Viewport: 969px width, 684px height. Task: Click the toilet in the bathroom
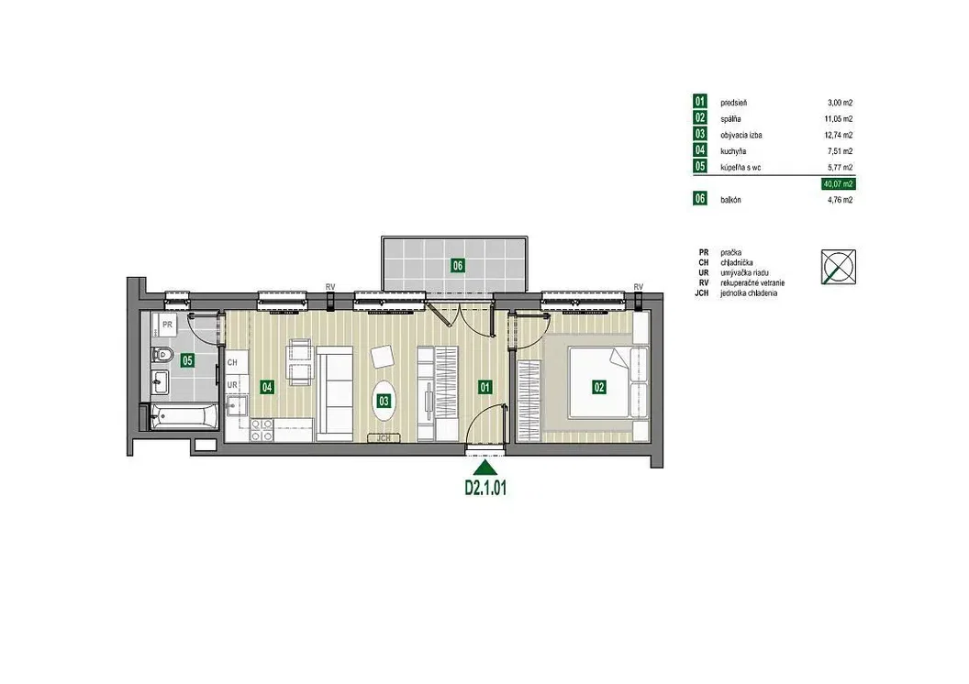[161, 355]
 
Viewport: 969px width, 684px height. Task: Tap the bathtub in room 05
[183, 416]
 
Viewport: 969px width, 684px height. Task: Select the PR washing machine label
[167, 324]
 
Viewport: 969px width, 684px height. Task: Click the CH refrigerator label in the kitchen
[232, 362]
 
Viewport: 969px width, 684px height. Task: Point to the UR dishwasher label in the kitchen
[232, 385]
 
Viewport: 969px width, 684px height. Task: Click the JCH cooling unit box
[384, 438]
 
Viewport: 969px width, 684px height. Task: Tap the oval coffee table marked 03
[384, 402]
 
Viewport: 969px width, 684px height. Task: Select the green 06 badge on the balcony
[457, 266]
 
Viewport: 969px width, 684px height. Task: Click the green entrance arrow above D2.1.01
[485, 468]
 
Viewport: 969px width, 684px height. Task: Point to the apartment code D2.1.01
[485, 488]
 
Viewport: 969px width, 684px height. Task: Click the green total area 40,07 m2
[838, 184]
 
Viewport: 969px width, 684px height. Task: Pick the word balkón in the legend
[730, 200]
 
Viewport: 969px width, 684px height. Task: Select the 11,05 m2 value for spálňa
[840, 119]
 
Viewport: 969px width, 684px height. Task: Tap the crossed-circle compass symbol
[839, 267]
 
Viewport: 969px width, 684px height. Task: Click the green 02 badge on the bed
[599, 388]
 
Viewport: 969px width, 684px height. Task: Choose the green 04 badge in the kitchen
[267, 388]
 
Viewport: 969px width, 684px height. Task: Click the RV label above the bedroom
[639, 287]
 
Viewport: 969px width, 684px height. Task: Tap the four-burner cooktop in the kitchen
[262, 430]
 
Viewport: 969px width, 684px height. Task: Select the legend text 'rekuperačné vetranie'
[752, 283]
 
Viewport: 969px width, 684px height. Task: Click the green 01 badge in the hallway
[485, 388]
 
